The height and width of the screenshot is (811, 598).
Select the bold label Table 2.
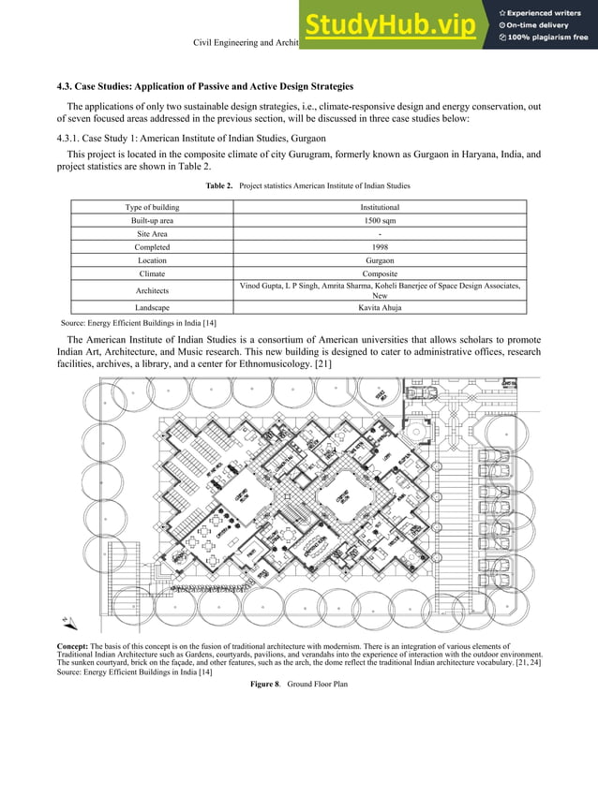click(x=218, y=186)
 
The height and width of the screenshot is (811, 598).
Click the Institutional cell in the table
click(x=380, y=207)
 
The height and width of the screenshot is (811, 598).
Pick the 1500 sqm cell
click(x=380, y=220)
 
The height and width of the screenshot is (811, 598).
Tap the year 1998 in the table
click(x=380, y=247)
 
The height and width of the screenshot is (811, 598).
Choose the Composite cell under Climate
click(x=380, y=274)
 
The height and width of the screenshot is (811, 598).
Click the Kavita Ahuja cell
click(x=380, y=307)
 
